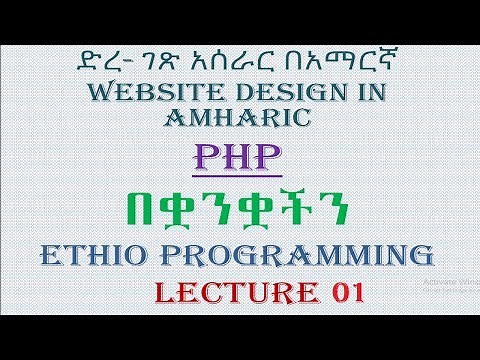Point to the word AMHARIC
pyautogui.click(x=240, y=120)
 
